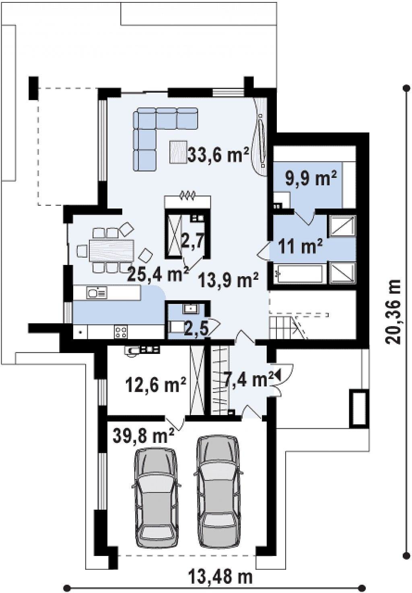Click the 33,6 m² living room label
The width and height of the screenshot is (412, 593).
pos(218,155)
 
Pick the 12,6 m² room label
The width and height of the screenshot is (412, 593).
pos(156,384)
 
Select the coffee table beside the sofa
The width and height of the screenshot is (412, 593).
pos(178,151)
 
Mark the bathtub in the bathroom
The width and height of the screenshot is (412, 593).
pos(299,274)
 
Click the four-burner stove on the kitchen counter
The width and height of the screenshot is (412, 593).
pos(121,332)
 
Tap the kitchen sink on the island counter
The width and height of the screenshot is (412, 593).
pos(97,293)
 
